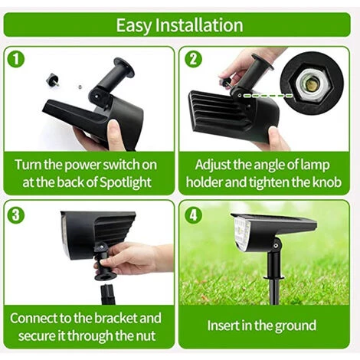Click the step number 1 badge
16,59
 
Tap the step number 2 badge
193,59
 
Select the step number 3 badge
16,214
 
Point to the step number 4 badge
193,214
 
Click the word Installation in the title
199,25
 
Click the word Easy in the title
134,26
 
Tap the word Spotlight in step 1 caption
125,183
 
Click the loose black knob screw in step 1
53,80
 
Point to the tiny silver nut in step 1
80,87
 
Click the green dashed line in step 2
268,96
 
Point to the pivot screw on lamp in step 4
276,246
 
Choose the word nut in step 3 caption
147,336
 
